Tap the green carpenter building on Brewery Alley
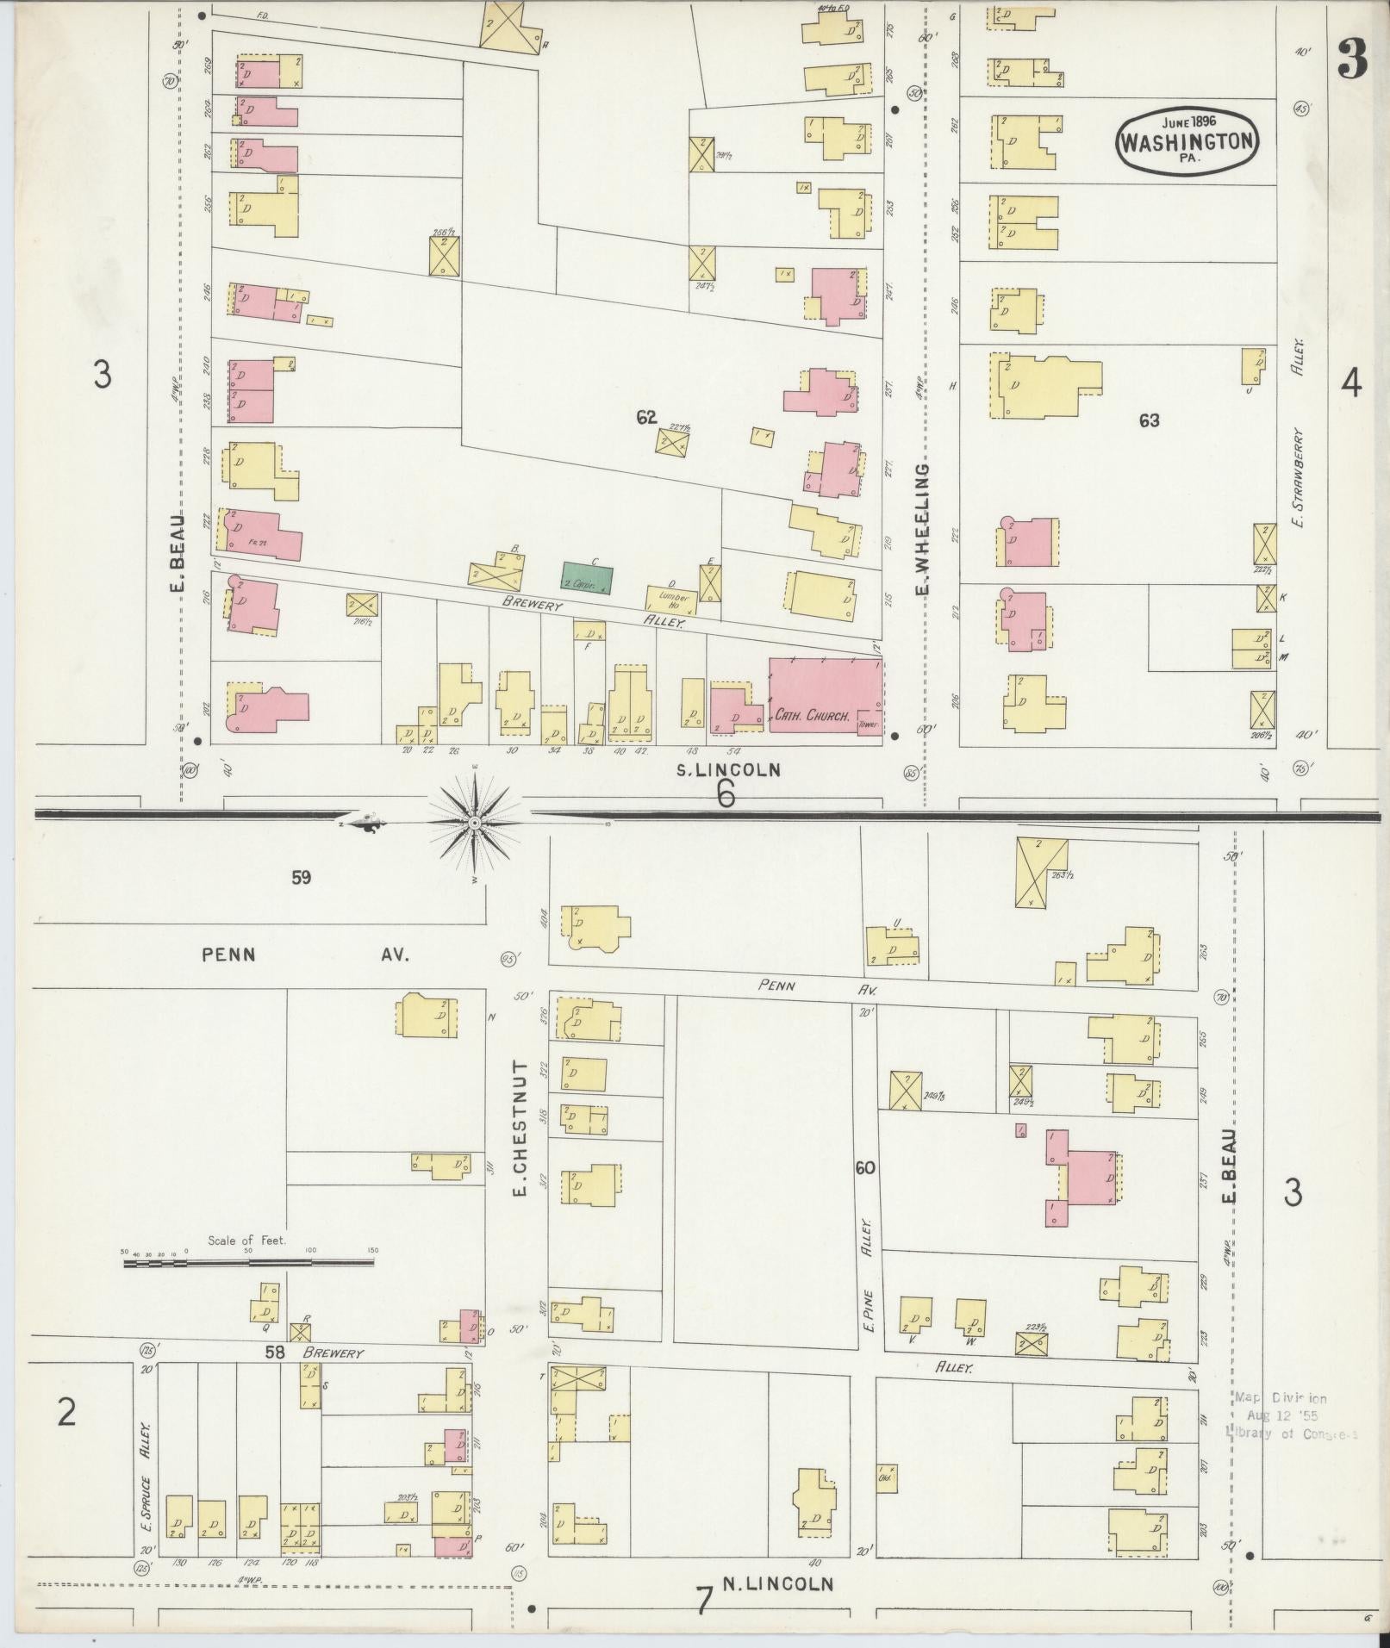point(587,578)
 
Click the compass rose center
point(474,824)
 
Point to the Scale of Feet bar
point(249,1263)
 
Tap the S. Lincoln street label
point(727,770)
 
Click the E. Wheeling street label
point(922,530)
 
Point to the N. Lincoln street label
point(785,1583)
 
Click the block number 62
point(646,418)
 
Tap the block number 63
point(1149,420)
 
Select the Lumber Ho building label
point(672,596)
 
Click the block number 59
point(300,878)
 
